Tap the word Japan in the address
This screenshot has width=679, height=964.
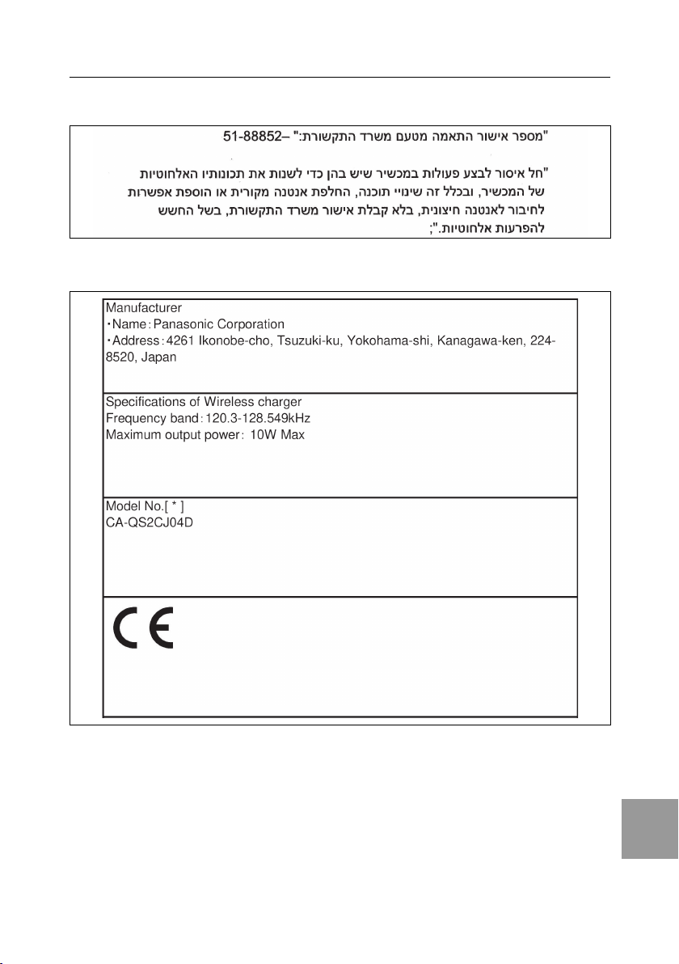(158, 357)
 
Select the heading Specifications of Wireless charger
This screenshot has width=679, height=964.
(205, 403)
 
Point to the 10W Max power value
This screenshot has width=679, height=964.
(276, 435)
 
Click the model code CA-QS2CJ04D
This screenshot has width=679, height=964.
(150, 522)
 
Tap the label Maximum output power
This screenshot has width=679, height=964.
(170, 435)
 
